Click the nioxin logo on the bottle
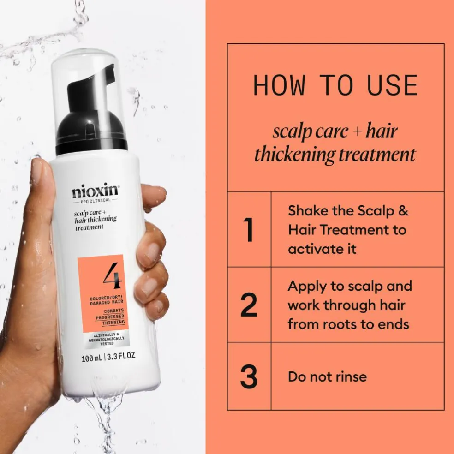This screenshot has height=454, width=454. [x=95, y=190]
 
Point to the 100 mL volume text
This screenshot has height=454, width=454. [x=92, y=358]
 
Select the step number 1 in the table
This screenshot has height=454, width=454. [x=248, y=229]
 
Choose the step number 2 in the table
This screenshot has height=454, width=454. [x=249, y=305]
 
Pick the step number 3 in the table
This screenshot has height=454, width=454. [x=249, y=376]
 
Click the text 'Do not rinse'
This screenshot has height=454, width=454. [x=327, y=376]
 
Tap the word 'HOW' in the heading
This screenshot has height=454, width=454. [x=279, y=85]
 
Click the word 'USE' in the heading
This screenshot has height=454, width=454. [x=392, y=85]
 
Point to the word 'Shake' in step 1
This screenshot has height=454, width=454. [x=308, y=210]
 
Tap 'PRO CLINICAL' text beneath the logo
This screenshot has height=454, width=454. [x=96, y=200]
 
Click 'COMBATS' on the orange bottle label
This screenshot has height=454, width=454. [x=114, y=311]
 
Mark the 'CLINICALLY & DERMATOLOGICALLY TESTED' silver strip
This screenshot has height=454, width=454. [x=107, y=339]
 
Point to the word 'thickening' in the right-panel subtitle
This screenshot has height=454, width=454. [x=294, y=155]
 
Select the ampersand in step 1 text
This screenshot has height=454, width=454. [x=403, y=210]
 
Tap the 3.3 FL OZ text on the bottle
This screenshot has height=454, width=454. [x=121, y=356]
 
